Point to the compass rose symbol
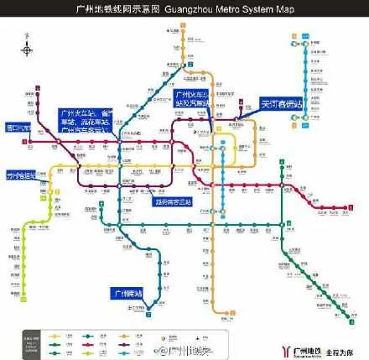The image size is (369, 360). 29,50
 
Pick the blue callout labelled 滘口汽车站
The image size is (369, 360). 17,128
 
